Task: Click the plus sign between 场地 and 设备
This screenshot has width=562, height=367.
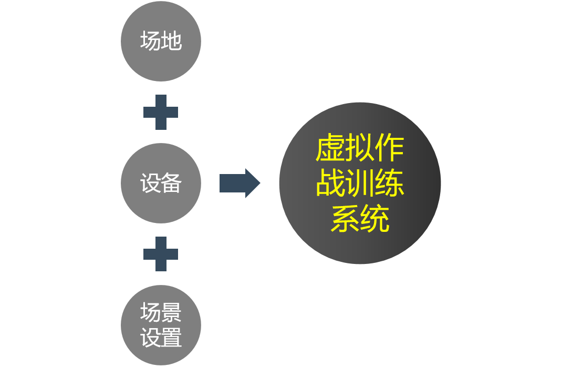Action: point(161,112)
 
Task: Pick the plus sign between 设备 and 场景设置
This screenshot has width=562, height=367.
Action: point(161,254)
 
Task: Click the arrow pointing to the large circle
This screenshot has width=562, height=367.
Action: point(240,183)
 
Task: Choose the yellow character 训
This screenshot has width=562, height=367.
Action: point(360,183)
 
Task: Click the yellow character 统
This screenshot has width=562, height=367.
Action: point(374,219)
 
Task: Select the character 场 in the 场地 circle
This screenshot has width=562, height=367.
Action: point(151,41)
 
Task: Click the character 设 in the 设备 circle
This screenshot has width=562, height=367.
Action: point(151,183)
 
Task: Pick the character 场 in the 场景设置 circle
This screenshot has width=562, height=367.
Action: point(151,313)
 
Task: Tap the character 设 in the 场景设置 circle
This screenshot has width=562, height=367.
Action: point(151,338)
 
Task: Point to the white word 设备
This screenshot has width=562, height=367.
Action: point(161,183)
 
